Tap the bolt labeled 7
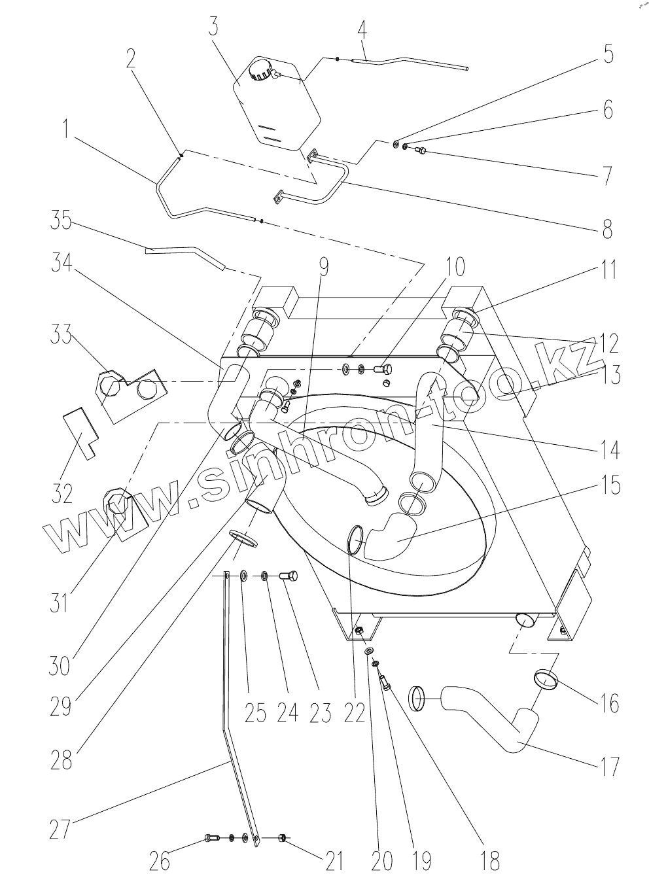(421, 152)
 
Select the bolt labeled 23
(288, 576)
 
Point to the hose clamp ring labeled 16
(547, 680)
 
